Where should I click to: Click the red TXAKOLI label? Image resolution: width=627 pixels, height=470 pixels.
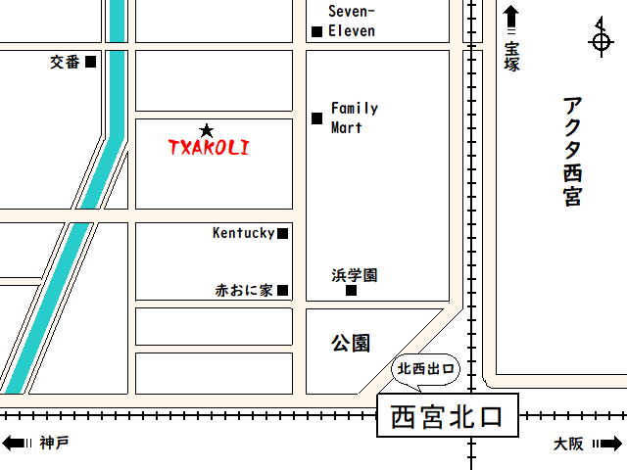click(209, 148)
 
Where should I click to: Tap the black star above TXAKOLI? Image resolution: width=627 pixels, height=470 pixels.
click(206, 130)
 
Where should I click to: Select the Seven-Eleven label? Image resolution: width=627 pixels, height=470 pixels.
click(352, 21)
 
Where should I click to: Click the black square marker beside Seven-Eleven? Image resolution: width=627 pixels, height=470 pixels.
click(316, 31)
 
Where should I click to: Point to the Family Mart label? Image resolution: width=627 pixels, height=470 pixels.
click(354, 117)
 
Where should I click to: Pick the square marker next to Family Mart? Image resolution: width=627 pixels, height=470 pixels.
click(316, 118)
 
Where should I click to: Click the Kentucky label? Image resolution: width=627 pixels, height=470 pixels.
click(243, 233)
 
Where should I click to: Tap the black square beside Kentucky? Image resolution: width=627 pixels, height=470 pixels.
click(282, 233)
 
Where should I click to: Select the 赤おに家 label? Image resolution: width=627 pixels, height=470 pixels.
click(244, 290)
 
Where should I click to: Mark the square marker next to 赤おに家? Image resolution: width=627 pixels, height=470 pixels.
click(282, 290)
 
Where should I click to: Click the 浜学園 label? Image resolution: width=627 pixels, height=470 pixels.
click(354, 275)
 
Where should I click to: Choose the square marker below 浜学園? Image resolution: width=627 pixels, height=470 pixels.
click(351, 290)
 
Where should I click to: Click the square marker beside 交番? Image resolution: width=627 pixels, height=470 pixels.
click(91, 62)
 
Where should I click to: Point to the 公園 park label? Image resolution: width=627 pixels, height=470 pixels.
click(350, 343)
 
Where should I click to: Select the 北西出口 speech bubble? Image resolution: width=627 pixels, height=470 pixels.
click(425, 370)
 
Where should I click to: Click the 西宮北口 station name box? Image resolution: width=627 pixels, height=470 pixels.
click(447, 417)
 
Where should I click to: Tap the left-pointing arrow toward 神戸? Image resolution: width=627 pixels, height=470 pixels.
click(15, 444)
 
